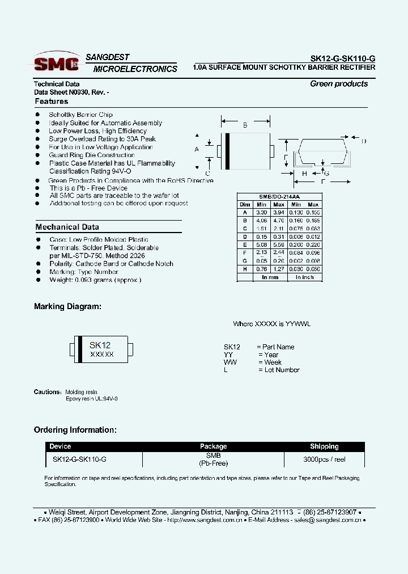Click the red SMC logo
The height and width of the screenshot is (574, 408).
click(56, 64)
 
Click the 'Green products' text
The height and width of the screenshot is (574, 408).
click(339, 84)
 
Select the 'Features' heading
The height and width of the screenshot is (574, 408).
click(52, 102)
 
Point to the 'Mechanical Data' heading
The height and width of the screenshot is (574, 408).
click(67, 227)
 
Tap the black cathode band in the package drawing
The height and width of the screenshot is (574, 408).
click(228, 150)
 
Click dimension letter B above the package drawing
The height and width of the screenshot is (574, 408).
click(245, 125)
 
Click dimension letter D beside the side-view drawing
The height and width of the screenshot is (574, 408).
click(364, 141)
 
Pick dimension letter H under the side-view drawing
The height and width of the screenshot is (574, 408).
click(304, 174)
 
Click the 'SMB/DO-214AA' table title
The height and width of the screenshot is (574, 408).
click(279, 196)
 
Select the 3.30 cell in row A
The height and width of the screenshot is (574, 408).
click(261, 212)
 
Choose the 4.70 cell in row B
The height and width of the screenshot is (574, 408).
click(279, 220)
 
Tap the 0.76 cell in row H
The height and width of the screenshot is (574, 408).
click(261, 269)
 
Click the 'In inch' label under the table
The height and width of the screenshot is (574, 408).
click(304, 277)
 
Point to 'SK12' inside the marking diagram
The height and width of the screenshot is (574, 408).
click(100, 345)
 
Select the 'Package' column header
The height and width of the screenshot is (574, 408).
click(213, 446)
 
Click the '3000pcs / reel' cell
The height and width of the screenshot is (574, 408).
click(324, 459)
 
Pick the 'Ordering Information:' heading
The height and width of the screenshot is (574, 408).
click(75, 430)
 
